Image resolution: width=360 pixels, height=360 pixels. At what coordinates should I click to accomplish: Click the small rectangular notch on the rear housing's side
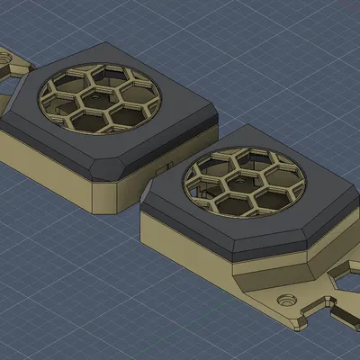click(x=162, y=167)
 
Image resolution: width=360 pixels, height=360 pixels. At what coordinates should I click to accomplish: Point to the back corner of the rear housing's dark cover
click(x=104, y=42)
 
